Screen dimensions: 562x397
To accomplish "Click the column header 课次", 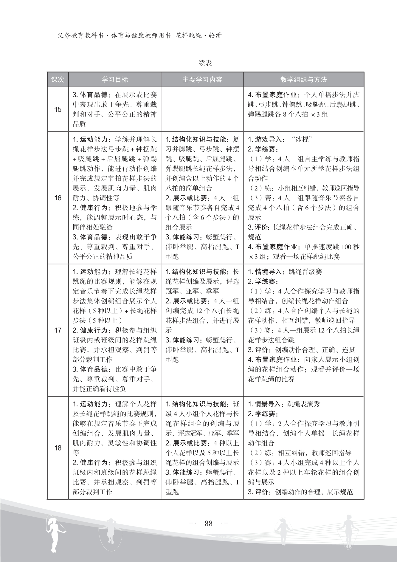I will (58, 80).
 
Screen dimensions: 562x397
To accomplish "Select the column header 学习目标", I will (114, 80).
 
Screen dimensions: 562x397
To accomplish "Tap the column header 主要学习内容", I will (202, 80).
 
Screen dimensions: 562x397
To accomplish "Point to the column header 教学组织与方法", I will (303, 80).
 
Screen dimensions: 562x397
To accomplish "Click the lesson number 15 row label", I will (58, 109).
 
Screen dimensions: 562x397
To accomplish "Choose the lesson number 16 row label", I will (58, 198).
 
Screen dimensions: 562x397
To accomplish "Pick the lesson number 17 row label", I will (58, 330).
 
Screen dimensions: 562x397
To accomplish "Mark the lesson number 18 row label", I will (58, 448).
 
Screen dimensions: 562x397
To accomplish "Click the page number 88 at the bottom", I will (209, 523).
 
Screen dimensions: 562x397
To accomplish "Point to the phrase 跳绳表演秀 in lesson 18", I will (303, 404).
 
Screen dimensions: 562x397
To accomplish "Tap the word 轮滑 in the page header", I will (215, 36).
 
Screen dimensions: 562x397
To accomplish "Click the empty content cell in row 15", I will (202, 109).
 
